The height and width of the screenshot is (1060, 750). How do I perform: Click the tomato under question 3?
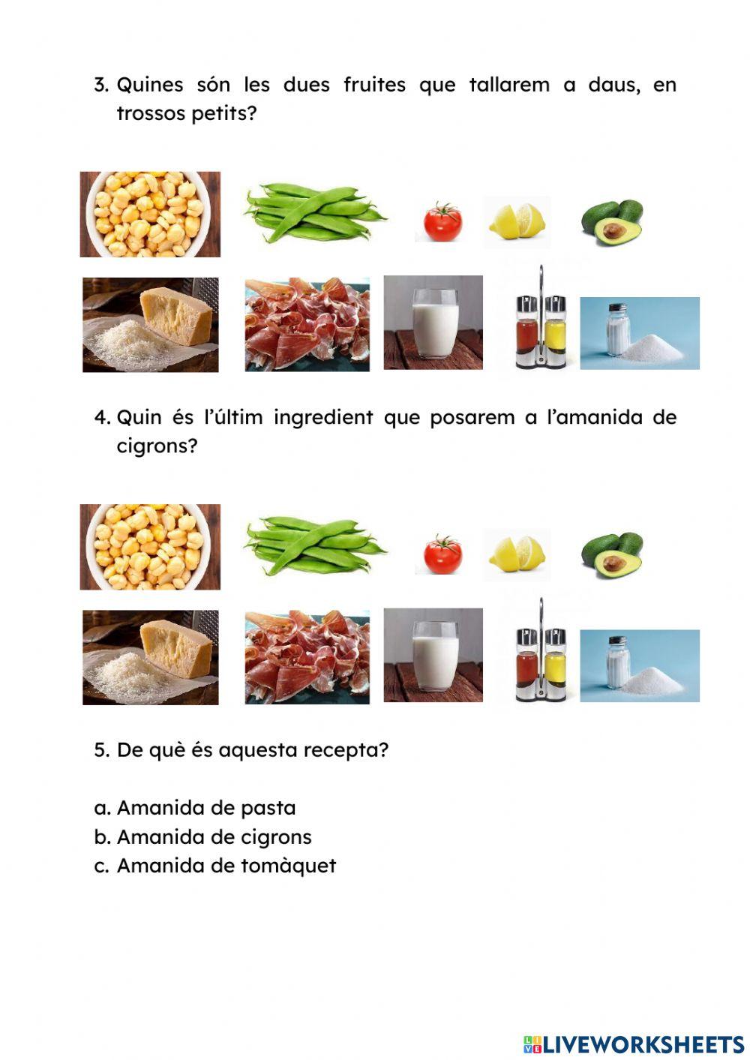[442, 222]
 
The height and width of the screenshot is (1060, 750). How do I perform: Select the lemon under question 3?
[517, 221]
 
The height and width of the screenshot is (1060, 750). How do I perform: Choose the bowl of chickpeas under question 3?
[150, 214]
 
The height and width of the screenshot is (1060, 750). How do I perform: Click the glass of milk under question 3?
[433, 323]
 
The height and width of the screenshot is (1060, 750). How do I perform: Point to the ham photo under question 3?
[307, 324]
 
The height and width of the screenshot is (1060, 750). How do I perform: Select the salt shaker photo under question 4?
[639, 666]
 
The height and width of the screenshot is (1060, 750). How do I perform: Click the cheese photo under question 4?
[150, 657]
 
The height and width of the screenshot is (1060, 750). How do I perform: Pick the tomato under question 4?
[442, 555]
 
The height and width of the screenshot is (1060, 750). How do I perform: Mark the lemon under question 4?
[517, 554]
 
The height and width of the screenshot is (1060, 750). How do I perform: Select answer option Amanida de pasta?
[206, 808]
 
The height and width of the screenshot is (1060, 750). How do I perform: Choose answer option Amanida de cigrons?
[214, 837]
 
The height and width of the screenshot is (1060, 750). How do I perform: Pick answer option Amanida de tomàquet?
[226, 866]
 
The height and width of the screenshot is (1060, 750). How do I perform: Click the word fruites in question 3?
[373, 85]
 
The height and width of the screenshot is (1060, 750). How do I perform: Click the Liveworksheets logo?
[634, 1043]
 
